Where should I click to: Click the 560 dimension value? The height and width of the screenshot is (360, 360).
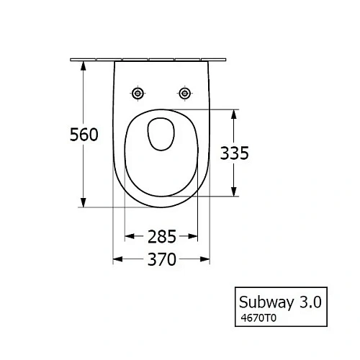tap(84, 135)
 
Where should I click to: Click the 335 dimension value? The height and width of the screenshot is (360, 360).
tap(234, 153)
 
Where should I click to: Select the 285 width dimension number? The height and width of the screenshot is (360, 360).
tap(162, 235)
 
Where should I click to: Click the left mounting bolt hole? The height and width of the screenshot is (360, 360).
tap(138, 94)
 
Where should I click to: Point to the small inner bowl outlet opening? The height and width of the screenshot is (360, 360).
tap(162, 132)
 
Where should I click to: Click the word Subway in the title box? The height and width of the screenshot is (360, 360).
tap(266, 298)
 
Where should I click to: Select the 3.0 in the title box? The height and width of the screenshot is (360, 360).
tap(312, 298)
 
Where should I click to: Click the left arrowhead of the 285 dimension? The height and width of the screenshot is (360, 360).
tap(129, 235)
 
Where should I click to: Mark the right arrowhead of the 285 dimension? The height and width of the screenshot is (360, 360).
tap(195, 235)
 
